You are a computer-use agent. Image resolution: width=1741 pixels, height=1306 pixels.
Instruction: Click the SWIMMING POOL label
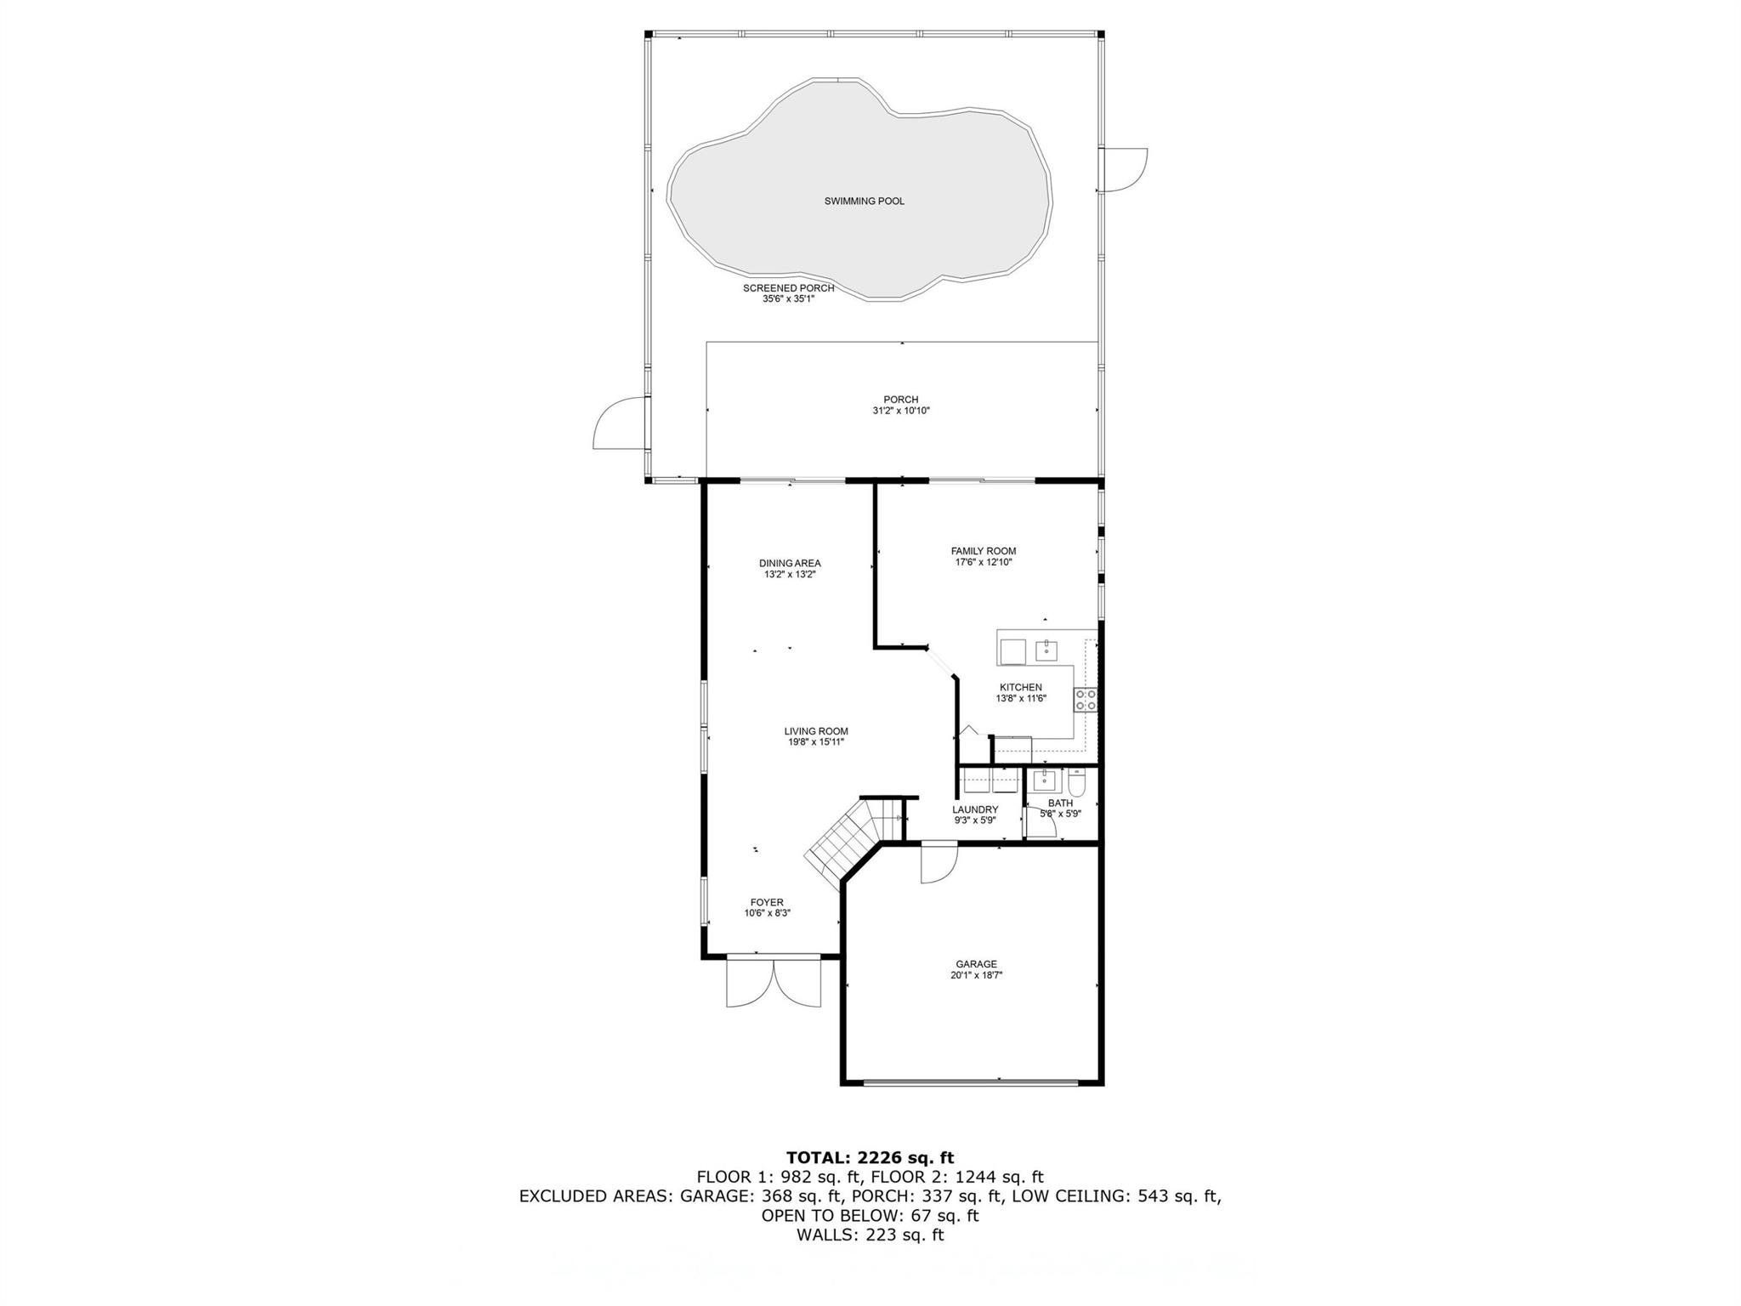(864, 202)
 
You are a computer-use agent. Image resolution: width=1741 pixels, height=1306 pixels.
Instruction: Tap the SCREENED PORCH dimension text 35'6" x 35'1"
(788, 299)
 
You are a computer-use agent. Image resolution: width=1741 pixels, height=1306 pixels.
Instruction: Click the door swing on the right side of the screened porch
(1122, 169)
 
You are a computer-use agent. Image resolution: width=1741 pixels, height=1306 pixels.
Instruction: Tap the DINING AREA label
(790, 563)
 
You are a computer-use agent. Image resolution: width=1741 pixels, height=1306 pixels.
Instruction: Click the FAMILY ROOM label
(983, 551)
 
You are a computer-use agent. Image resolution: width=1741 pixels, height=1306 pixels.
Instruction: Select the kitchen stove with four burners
(1086, 700)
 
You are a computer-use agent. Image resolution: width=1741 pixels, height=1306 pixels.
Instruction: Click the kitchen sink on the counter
(1046, 651)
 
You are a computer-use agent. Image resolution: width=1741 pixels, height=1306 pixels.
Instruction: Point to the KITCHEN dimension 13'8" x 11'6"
(1020, 699)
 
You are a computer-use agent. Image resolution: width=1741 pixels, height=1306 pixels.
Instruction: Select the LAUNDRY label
(974, 809)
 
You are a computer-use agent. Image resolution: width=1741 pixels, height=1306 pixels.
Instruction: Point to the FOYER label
(767, 902)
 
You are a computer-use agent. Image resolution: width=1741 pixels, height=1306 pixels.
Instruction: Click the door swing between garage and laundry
(939, 863)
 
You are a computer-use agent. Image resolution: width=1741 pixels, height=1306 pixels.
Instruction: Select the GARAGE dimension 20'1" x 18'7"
(976, 976)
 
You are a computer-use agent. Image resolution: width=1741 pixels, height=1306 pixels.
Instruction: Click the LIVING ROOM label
(815, 731)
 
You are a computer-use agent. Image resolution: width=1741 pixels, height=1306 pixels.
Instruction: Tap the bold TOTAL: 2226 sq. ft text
(870, 1157)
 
